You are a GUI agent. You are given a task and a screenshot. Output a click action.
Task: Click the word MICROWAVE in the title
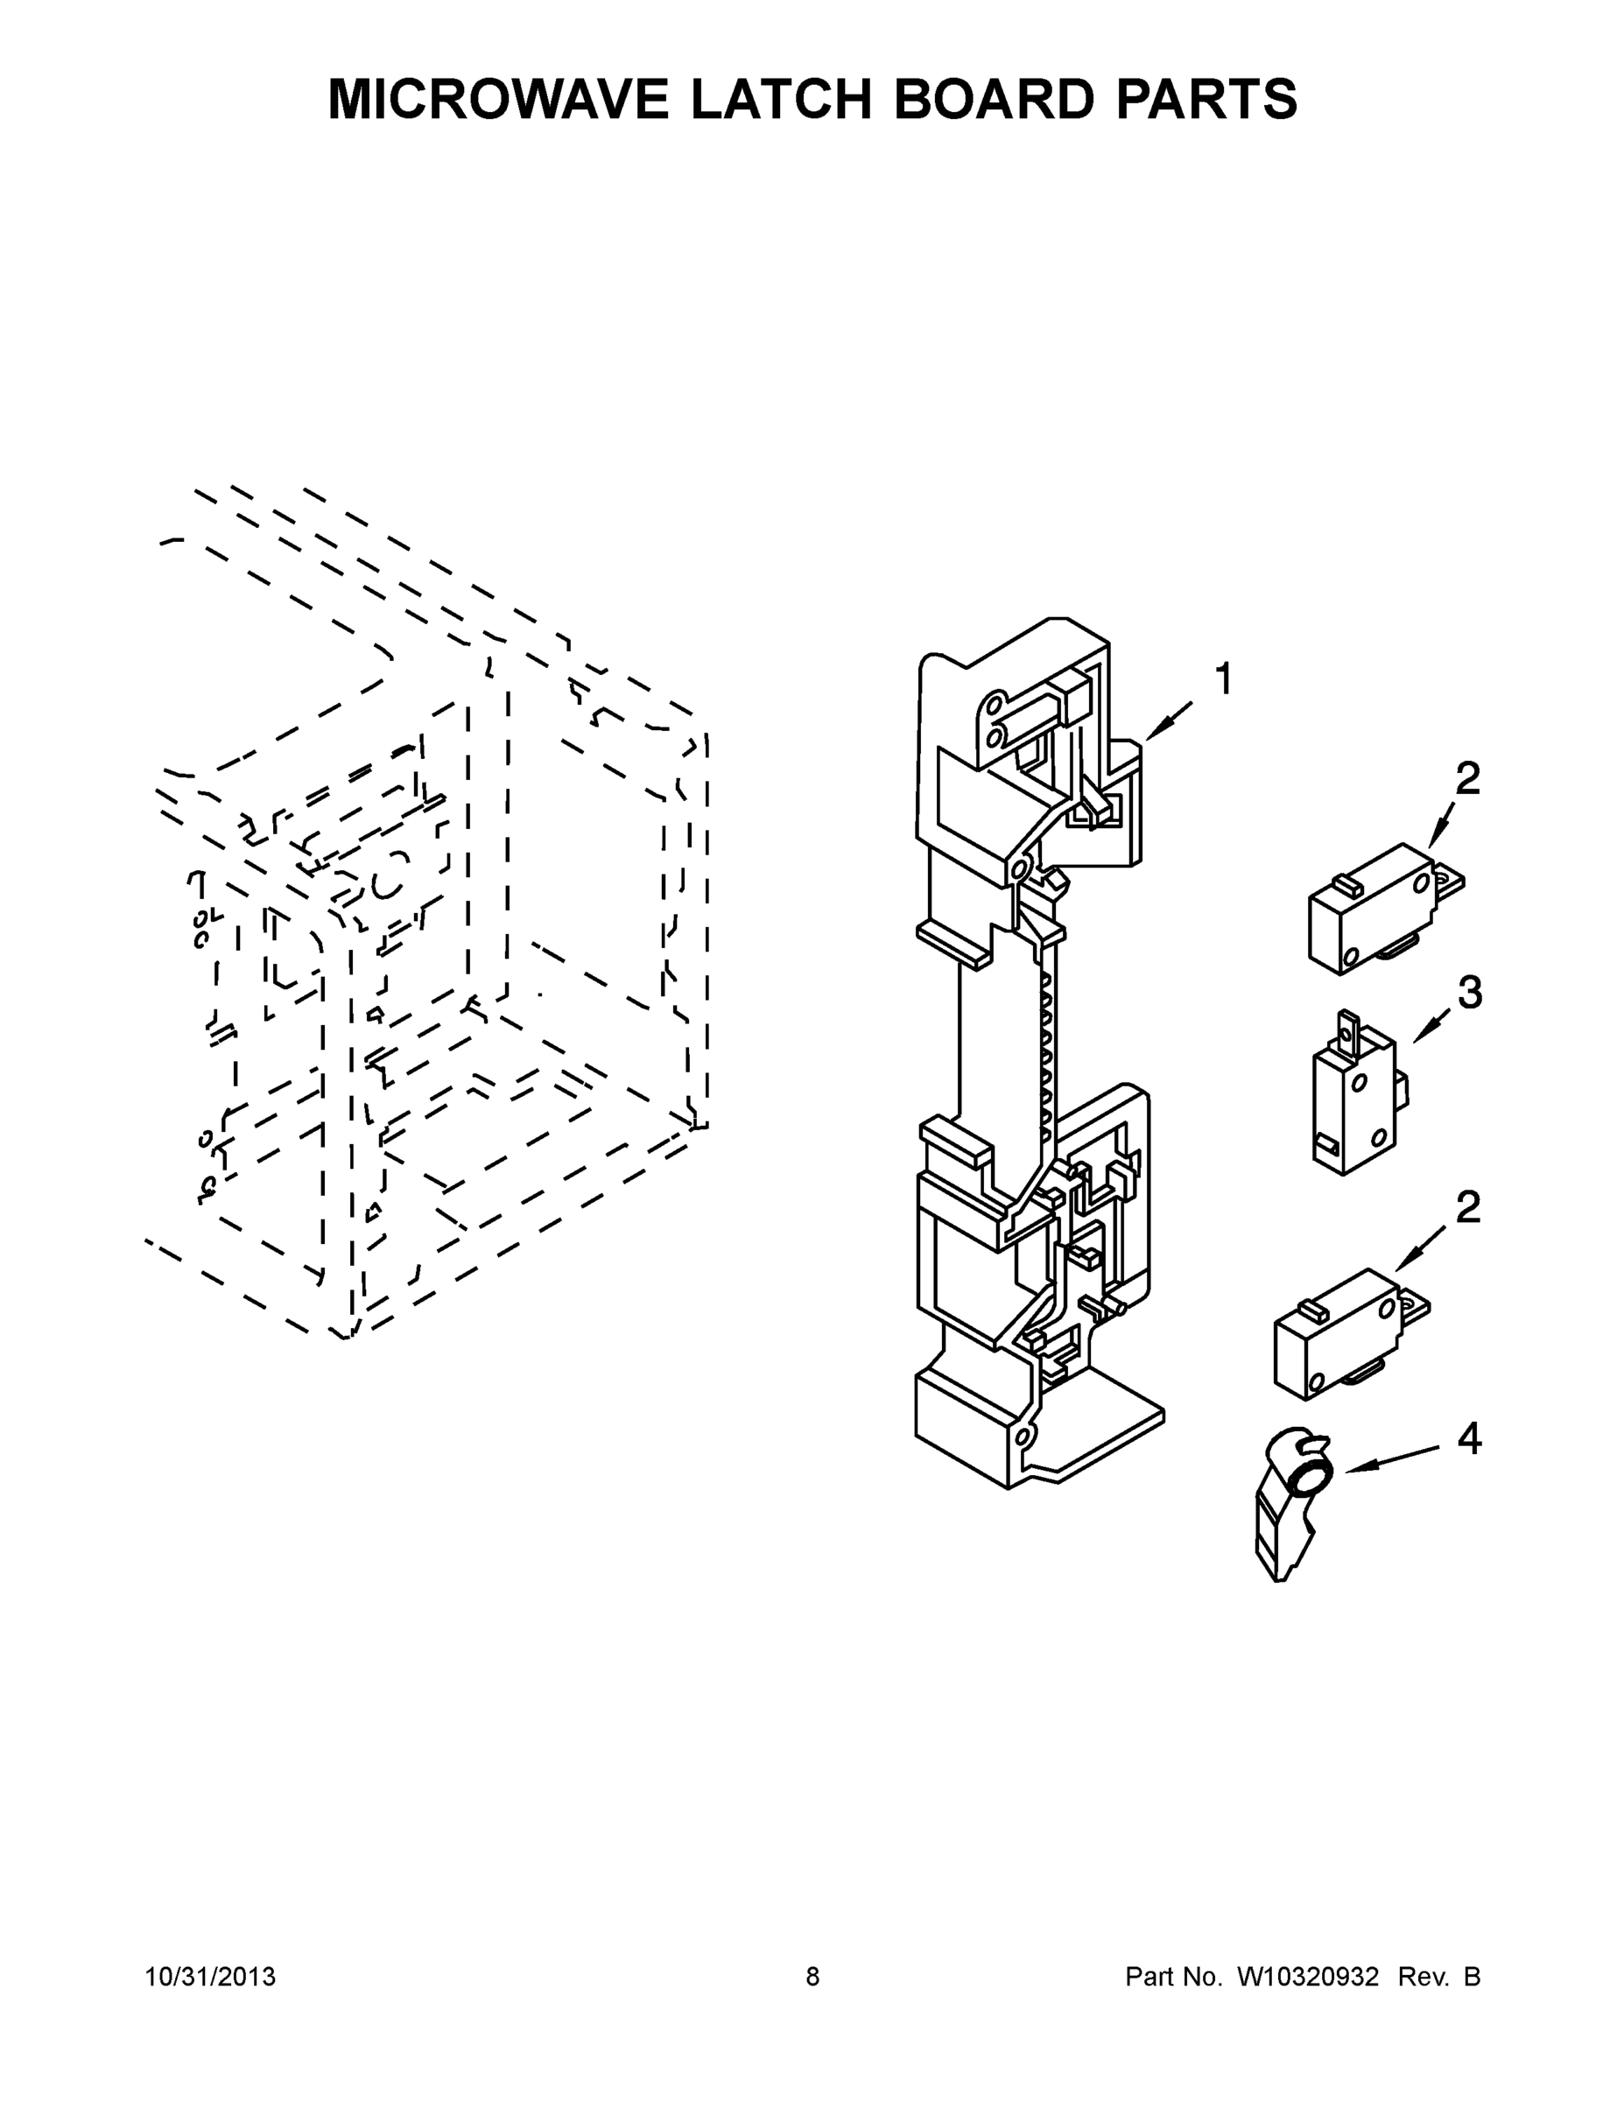point(498,99)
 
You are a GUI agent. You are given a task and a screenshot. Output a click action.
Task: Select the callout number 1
point(1223,679)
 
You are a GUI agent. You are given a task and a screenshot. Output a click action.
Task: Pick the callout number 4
point(1468,1439)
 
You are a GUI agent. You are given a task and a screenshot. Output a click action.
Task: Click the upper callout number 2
point(1467,778)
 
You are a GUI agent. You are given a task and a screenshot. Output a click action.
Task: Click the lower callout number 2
point(1467,1206)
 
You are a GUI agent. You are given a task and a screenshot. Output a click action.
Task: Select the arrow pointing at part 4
point(1390,1459)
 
